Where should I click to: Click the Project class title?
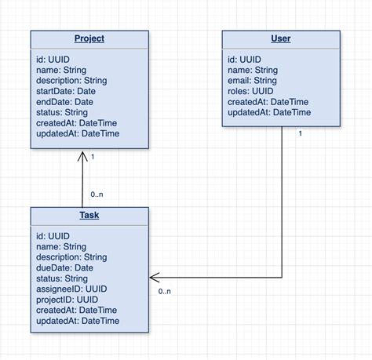click(89, 39)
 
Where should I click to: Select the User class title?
click(280, 39)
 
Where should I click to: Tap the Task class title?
click(89, 216)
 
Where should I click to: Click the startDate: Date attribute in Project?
click(66, 91)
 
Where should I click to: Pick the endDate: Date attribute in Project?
click(64, 102)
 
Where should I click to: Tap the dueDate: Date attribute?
click(65, 267)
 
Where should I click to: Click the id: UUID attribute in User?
click(244, 59)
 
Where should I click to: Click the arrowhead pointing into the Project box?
click(82, 155)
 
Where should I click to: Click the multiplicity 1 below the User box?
click(300, 133)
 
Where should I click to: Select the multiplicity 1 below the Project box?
click(93, 157)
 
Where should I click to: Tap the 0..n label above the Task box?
click(97, 195)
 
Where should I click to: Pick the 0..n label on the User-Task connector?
click(164, 292)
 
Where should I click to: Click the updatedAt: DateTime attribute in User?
click(269, 113)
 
